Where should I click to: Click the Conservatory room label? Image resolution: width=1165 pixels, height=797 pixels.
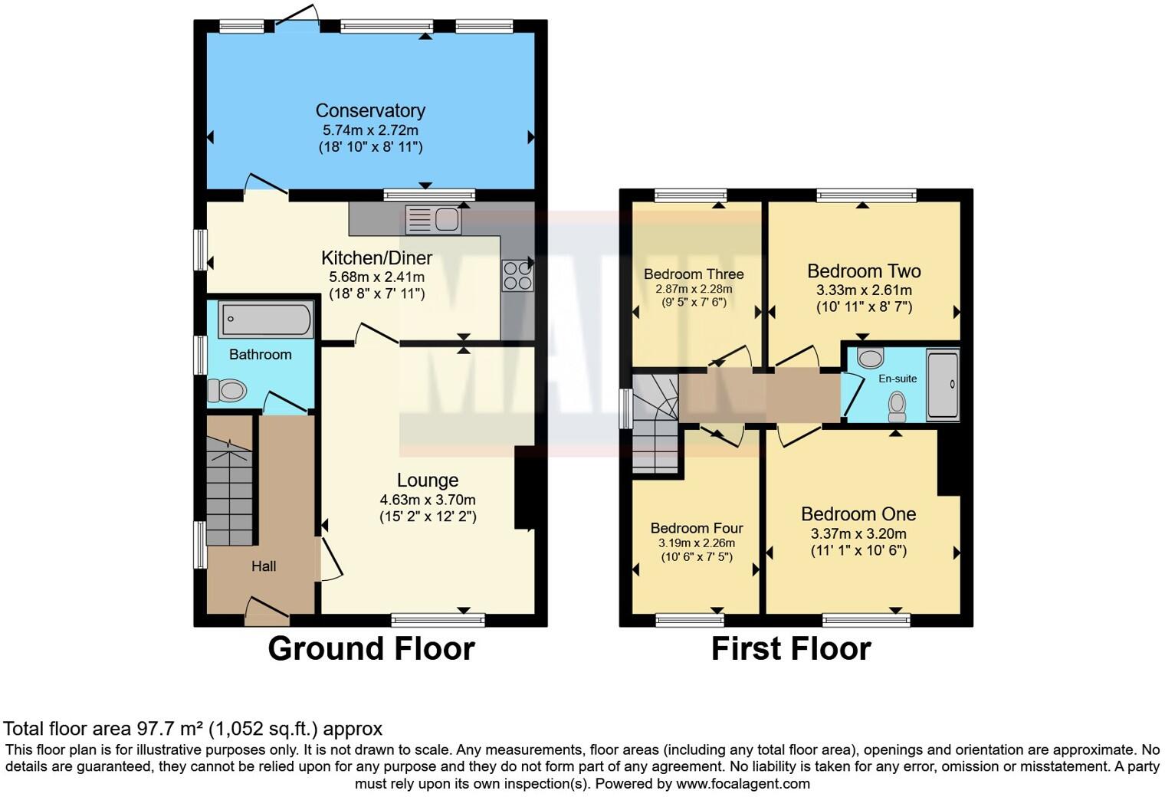(x=370, y=110)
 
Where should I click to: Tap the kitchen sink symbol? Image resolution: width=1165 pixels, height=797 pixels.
(x=434, y=220)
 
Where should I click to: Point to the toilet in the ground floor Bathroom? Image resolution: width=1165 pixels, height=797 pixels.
(x=227, y=391)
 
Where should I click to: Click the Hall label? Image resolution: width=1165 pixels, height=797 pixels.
(x=264, y=566)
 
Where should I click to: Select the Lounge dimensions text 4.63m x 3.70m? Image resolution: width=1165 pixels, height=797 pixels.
(x=428, y=500)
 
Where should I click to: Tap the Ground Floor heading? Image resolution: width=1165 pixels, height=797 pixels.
(x=371, y=648)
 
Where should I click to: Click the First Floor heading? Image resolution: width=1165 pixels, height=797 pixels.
(x=791, y=648)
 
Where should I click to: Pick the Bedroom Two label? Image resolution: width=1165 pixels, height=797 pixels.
(x=864, y=271)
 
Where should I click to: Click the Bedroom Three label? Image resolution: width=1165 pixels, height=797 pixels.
(x=694, y=274)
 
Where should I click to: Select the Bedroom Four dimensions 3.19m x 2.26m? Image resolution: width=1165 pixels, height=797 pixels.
(x=696, y=543)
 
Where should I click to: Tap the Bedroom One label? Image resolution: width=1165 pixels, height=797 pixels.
(x=858, y=513)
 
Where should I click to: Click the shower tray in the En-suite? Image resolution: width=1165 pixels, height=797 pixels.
(x=943, y=385)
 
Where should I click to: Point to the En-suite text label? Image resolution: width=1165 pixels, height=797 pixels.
(x=898, y=379)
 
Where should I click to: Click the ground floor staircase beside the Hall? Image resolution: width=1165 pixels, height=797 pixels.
(x=228, y=490)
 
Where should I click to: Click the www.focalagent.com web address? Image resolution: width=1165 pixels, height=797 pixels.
(x=743, y=783)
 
